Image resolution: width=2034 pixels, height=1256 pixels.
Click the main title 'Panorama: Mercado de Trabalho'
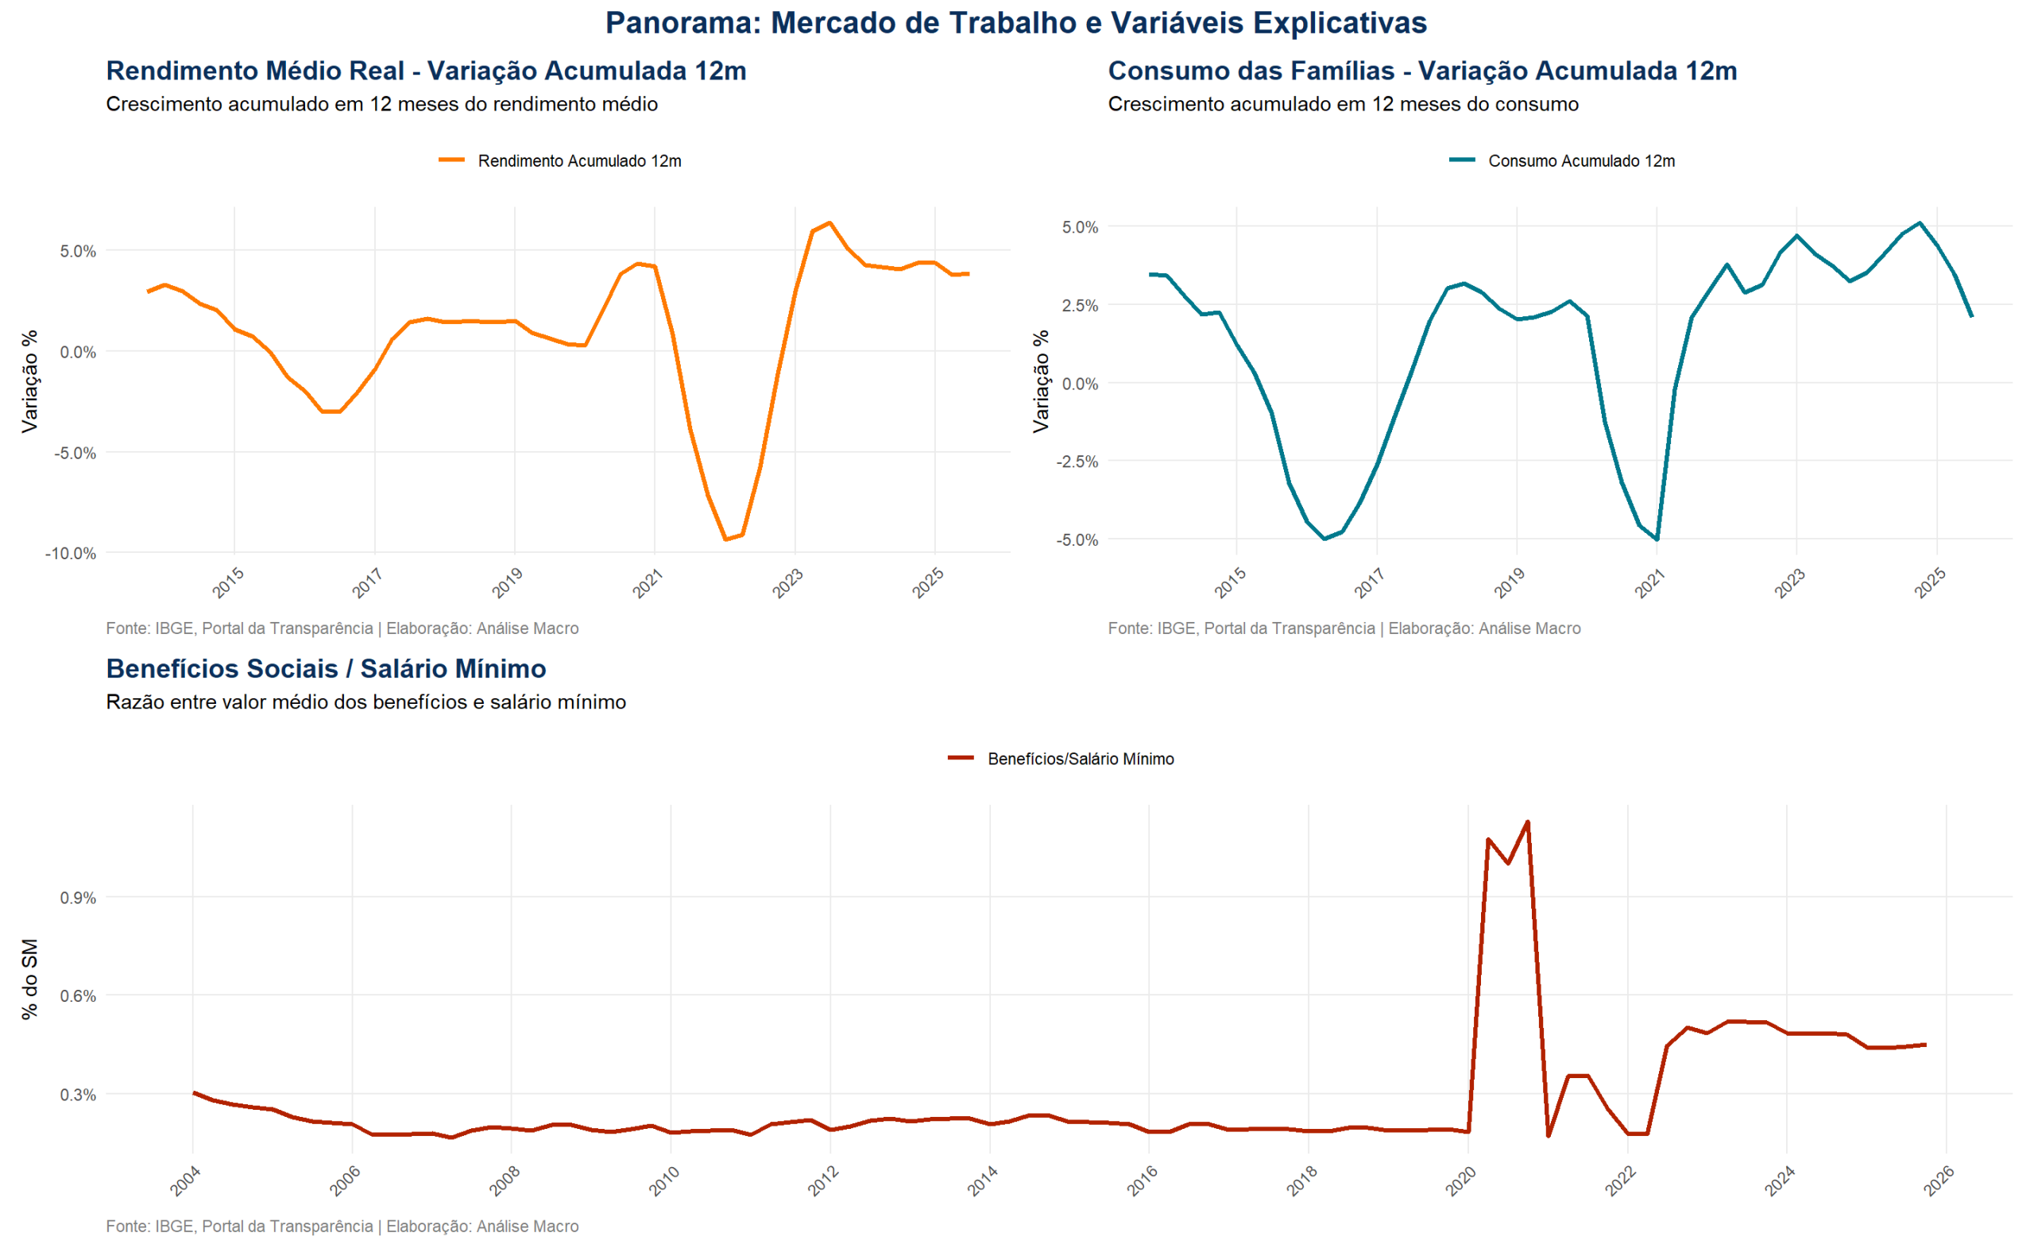click(1015, 23)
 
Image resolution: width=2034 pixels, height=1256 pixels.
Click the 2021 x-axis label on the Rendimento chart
click(647, 582)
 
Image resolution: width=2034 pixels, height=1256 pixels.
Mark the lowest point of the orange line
click(726, 539)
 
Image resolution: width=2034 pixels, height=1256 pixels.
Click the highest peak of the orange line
click(829, 222)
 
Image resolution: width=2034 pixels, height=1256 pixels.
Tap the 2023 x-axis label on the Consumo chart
click(1789, 582)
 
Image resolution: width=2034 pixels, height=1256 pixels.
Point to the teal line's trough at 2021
click(1657, 539)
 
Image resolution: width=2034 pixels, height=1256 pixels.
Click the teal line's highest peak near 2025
click(1920, 222)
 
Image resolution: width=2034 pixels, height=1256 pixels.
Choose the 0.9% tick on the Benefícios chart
click(78, 898)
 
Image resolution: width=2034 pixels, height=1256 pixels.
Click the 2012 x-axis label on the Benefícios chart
click(823, 1181)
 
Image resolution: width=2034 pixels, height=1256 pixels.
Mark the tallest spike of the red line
click(1527, 822)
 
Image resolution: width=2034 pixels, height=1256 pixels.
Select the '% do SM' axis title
click(30, 980)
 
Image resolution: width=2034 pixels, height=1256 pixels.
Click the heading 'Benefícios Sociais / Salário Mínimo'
click(326, 669)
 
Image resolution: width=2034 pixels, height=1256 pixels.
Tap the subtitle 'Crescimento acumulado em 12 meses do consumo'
click(1343, 105)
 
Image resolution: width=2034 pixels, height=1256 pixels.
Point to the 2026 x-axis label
click(1939, 1181)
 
